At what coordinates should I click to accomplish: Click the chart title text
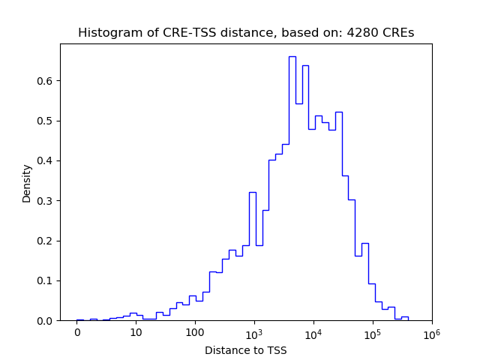click(245, 33)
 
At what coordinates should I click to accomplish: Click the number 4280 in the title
click(360, 33)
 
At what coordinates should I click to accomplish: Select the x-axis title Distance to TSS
click(245, 350)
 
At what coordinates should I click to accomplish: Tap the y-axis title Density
click(27, 183)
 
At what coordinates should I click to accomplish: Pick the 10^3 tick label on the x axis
click(254, 332)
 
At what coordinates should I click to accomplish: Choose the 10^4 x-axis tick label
click(313, 332)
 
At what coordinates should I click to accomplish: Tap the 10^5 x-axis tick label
click(373, 332)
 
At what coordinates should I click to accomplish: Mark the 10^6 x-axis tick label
click(431, 332)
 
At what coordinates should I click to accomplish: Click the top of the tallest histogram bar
click(292, 56)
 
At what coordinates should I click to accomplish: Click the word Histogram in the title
click(106, 33)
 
